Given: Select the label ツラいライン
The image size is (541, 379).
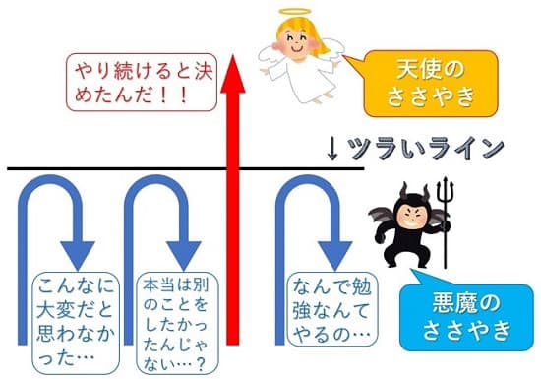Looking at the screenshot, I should pyautogui.click(x=424, y=149).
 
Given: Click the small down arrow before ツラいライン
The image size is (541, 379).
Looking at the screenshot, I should pyautogui.click(x=333, y=149).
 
